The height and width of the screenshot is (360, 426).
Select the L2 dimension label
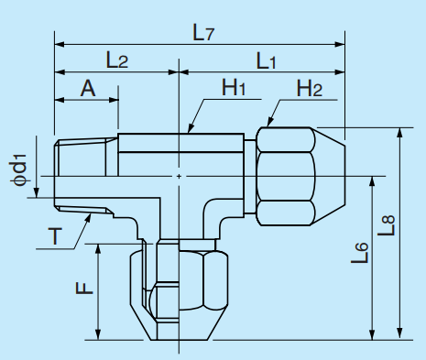point(116,60)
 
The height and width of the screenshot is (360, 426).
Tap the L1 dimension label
point(268,60)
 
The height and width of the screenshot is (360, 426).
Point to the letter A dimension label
point(88,88)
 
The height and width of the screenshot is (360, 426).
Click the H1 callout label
point(235,88)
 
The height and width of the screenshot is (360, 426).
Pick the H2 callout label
point(310,88)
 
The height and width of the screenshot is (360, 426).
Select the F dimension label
point(82,288)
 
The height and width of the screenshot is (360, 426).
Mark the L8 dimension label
point(388,225)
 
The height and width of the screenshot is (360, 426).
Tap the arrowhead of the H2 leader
point(268,125)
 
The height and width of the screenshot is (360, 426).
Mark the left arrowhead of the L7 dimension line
point(58,43)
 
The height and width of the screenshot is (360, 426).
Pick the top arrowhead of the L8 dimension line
point(399,132)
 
